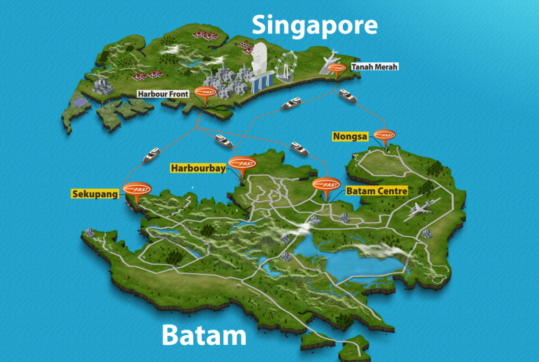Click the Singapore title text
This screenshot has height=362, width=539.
(x=314, y=25)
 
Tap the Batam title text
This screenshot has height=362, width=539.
(x=204, y=335)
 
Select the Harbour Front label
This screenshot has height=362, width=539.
(x=163, y=94)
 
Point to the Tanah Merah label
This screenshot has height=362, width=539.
(x=374, y=67)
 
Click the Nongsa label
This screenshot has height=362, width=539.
(x=350, y=137)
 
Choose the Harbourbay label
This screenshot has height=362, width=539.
(x=198, y=168)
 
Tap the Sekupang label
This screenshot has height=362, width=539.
(x=95, y=194)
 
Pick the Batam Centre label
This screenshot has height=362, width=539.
(x=377, y=191)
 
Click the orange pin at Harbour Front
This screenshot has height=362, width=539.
(x=205, y=92)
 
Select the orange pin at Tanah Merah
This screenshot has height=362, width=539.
(x=337, y=69)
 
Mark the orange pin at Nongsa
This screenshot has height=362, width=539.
(x=384, y=136)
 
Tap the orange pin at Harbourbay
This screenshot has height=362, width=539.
(x=242, y=164)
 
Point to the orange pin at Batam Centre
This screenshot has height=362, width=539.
(x=326, y=185)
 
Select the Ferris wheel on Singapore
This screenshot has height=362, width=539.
(x=286, y=66)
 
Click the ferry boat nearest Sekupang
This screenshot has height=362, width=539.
(x=152, y=154)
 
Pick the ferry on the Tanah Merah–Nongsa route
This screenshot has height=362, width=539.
(x=347, y=96)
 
